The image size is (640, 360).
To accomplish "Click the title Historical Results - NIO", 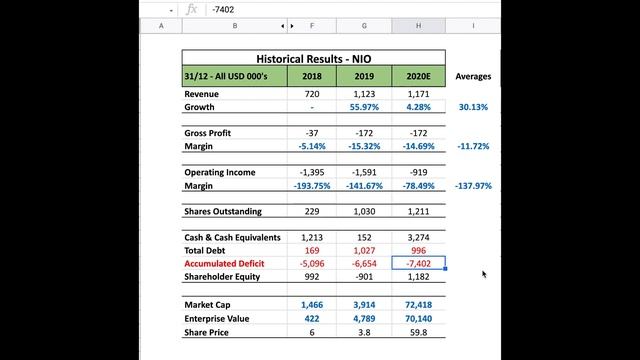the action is [x=313, y=59].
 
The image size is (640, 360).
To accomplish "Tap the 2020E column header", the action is [x=418, y=76].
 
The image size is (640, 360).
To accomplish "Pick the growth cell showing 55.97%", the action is [x=365, y=106].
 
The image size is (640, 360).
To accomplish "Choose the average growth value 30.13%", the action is [x=473, y=106].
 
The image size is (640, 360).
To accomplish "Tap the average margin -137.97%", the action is [x=472, y=186].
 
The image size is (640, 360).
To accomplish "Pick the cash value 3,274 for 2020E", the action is [x=418, y=238].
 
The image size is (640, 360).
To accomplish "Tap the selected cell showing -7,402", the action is [x=418, y=264].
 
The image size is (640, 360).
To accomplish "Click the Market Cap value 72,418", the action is [x=418, y=304].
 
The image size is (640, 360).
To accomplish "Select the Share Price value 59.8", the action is [x=418, y=331].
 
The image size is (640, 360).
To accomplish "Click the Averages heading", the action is [x=473, y=76].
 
